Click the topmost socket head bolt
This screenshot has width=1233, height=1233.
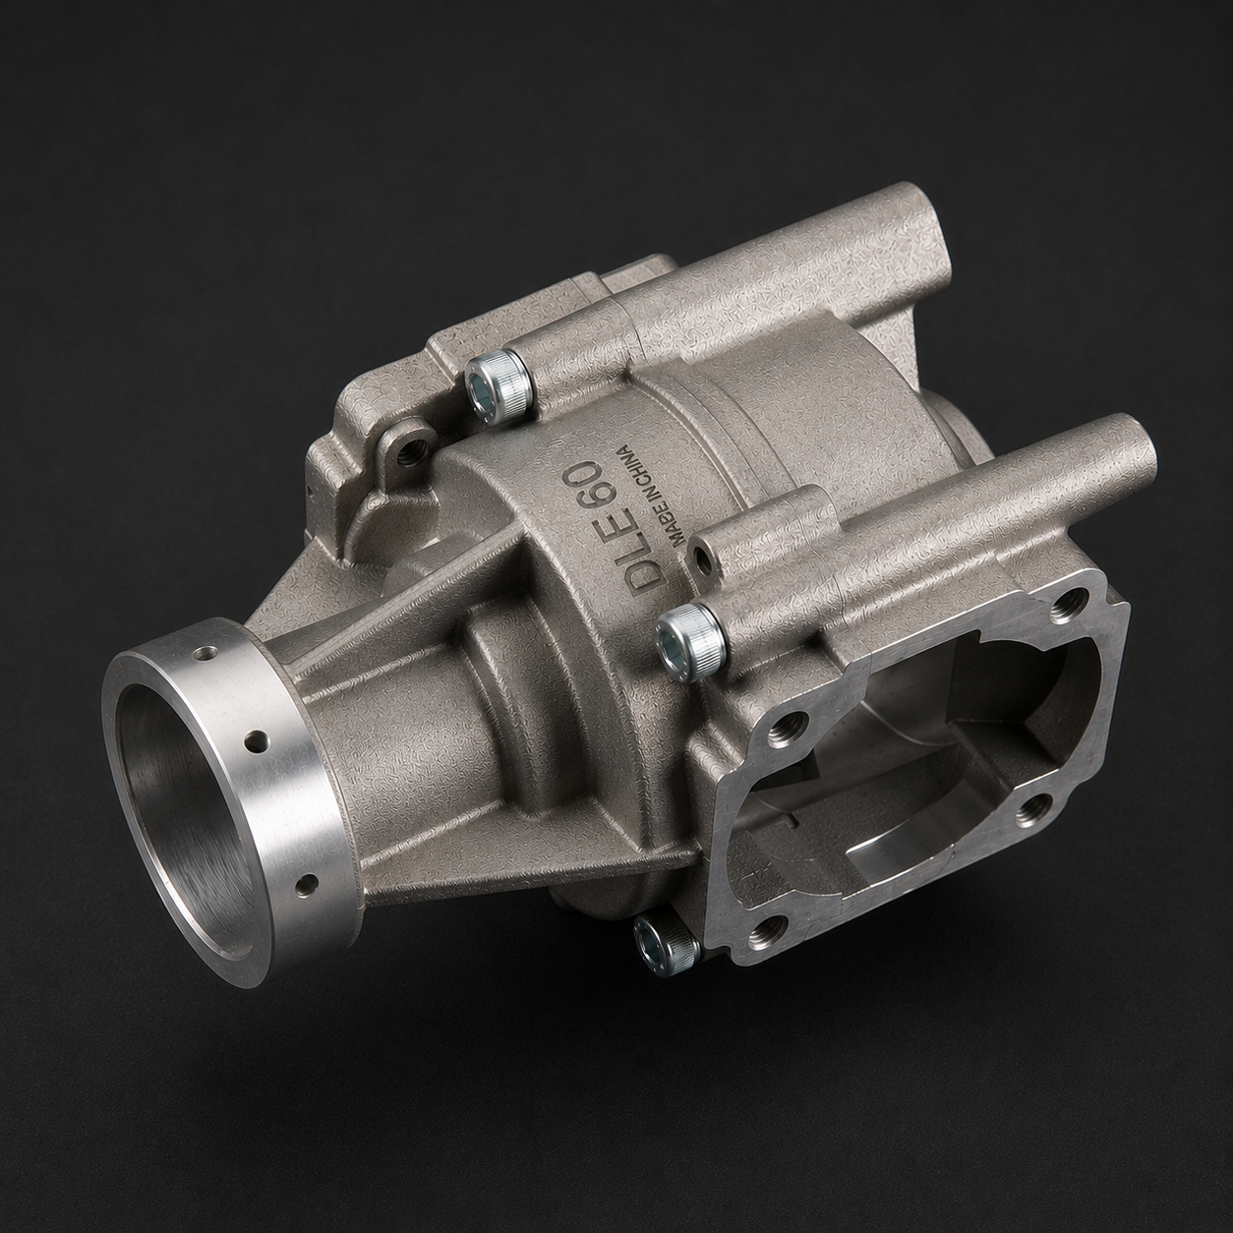[498, 389]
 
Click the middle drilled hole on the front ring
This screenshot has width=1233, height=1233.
[259, 741]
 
